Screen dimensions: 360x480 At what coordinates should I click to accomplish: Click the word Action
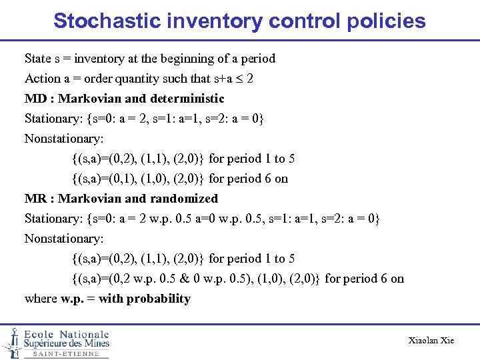[43, 79]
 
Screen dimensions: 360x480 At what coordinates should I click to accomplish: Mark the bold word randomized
[184, 199]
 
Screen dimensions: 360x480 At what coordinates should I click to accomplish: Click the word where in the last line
[41, 299]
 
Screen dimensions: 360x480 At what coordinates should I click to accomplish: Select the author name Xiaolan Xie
[431, 341]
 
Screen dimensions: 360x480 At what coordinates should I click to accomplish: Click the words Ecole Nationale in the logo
[66, 334]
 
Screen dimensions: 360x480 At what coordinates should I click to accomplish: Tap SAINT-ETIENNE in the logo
[66, 354]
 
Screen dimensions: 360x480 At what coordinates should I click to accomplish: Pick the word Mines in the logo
[94, 343]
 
